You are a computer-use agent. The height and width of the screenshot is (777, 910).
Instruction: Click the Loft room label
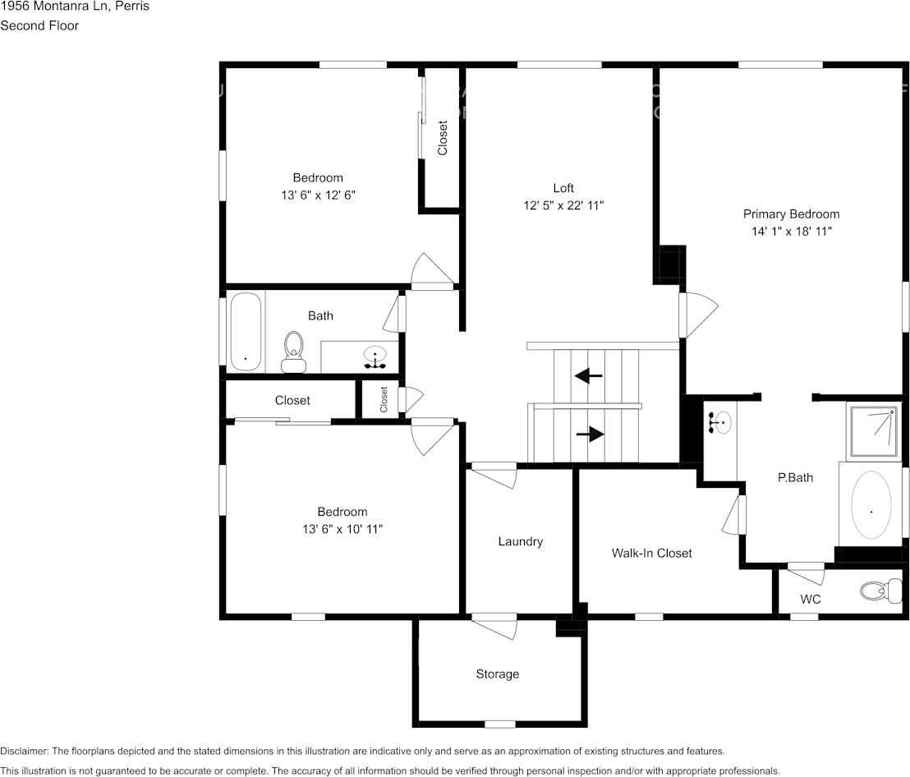[563, 188]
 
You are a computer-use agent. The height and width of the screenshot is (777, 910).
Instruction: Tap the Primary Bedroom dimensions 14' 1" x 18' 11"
[791, 232]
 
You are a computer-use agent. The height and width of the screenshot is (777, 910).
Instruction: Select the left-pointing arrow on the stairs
[588, 376]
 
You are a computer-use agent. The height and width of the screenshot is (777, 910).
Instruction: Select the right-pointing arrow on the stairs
[591, 434]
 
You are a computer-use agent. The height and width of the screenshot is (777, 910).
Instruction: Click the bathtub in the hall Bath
[246, 332]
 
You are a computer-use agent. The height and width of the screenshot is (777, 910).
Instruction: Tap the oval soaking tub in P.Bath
[871, 505]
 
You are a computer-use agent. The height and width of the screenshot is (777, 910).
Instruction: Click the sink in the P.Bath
[720, 423]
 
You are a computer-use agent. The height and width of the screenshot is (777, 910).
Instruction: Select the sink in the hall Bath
[375, 357]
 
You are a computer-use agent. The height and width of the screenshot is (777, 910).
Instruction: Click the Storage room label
[497, 674]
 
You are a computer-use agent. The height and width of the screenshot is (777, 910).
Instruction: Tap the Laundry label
[520, 541]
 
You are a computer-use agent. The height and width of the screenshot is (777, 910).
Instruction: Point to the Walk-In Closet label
[651, 553]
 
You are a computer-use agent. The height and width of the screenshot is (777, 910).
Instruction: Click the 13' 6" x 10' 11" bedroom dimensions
[342, 530]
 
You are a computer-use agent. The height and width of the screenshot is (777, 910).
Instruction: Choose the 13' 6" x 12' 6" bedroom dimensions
[318, 195]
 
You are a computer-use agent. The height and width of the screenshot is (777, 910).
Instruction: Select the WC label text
[811, 600]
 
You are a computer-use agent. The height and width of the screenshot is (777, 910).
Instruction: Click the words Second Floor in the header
[39, 25]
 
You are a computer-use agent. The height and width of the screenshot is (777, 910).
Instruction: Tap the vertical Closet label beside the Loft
[443, 138]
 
